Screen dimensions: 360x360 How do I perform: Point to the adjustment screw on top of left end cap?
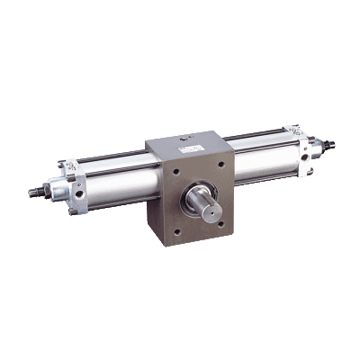pyautogui.click(x=65, y=164)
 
